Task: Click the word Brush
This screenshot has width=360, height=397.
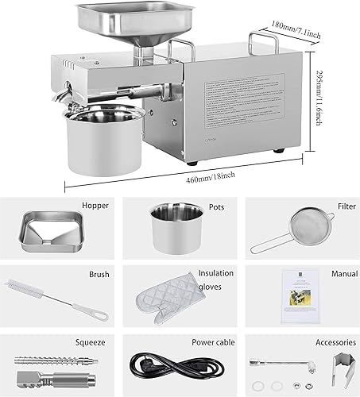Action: (x=99, y=274)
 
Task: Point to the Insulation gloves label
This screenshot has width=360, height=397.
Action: (x=215, y=279)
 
